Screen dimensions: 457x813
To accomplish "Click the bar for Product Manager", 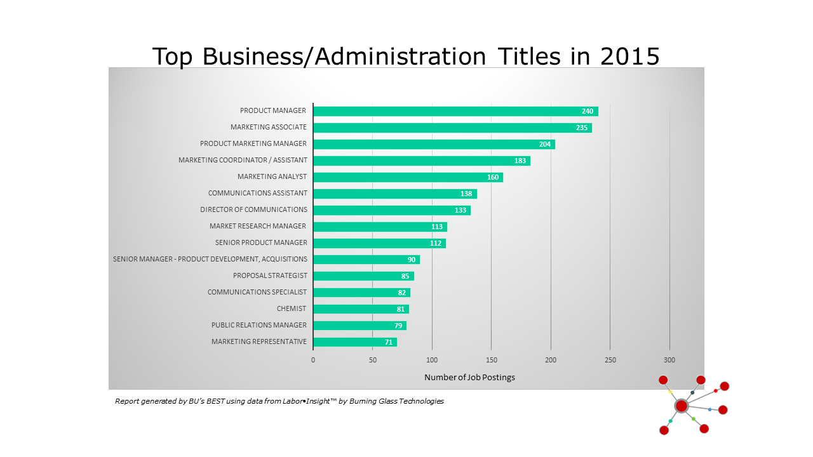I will [x=455, y=111].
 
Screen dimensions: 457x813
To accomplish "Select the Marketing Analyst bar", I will [x=408, y=177].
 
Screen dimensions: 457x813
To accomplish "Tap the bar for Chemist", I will [x=361, y=309].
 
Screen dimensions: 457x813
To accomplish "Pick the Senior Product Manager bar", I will [x=379, y=243].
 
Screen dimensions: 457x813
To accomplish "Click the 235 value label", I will [x=581, y=128].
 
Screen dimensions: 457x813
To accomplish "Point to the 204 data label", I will [x=544, y=144].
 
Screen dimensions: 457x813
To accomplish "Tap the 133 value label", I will [x=460, y=210].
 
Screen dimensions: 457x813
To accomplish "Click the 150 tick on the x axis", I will [x=491, y=360].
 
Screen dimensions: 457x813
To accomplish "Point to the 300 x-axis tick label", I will [x=669, y=360].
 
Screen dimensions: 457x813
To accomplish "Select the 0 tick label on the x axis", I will [x=312, y=360].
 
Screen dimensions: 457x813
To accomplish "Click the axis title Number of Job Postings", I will [x=469, y=378].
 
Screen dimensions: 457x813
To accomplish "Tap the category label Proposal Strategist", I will [x=270, y=276].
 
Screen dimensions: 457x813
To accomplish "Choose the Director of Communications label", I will [x=253, y=210].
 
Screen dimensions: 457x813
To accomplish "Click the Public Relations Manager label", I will [x=259, y=326].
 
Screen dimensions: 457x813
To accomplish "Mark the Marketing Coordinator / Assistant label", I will [x=243, y=161].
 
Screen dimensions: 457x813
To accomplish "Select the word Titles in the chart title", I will [x=523, y=56].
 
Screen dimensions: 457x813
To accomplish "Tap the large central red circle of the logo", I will [x=681, y=406].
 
